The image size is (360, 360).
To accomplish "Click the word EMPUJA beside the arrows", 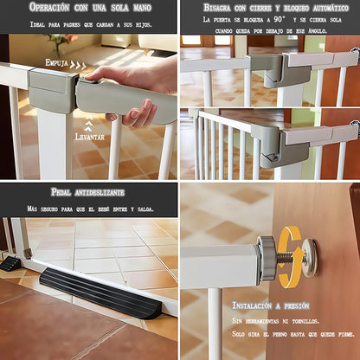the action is click(x=56, y=63).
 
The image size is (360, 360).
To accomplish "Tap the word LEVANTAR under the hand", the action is click(x=90, y=137).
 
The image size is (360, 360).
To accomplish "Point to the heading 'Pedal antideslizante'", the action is click(x=87, y=192).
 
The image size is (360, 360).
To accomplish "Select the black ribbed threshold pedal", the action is click(x=101, y=294).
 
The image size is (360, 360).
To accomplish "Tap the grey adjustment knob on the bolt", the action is click(x=266, y=259).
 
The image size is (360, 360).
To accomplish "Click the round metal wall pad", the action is click(x=310, y=257).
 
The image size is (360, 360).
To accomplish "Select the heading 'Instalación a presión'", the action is click(x=271, y=305).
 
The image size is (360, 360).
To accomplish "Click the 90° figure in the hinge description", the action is click(x=280, y=19).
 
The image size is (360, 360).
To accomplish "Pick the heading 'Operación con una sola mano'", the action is click(x=90, y=8).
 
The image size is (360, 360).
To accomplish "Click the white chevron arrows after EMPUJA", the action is click(x=78, y=66).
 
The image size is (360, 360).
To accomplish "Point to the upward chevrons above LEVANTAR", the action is click(x=89, y=125).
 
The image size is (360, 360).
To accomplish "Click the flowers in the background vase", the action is click(x=61, y=40).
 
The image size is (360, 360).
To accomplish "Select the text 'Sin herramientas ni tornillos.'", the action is click(x=276, y=321).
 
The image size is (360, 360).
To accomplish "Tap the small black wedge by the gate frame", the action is click(x=10, y=264).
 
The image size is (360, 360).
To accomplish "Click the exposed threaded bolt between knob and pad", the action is click(x=290, y=258).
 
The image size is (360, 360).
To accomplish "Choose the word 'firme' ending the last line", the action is click(x=346, y=334).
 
